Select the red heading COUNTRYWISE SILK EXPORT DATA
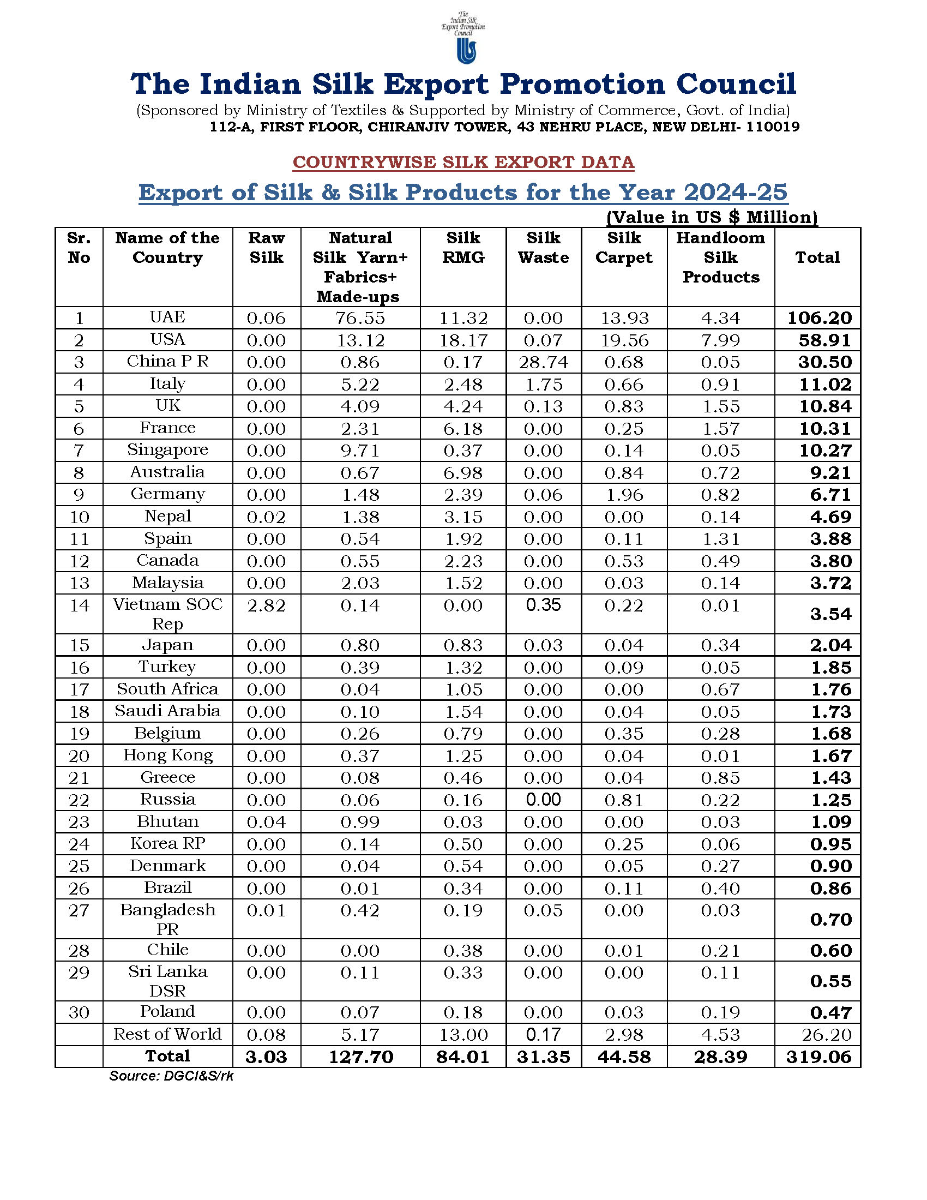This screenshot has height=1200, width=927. tap(463, 163)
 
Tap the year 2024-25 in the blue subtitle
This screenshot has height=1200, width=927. tap(736, 193)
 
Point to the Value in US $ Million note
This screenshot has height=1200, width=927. tap(712, 218)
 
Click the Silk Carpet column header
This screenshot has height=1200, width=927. tap(624, 248)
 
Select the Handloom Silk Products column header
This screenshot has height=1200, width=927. tap(720, 257)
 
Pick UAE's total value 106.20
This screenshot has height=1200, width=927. tap(820, 318)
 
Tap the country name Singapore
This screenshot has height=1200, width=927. tap(167, 450)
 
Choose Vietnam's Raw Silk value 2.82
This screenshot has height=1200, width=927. tap(266, 605)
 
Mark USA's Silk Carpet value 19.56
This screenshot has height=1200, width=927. tap(624, 341)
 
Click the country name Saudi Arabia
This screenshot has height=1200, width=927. tap(167, 711)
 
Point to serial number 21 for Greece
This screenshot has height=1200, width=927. tap(79, 778)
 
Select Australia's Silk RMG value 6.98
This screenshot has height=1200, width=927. tap(463, 472)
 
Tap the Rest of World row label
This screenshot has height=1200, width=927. tap(167, 1035)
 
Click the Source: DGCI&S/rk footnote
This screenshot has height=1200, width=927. tap(171, 1076)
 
